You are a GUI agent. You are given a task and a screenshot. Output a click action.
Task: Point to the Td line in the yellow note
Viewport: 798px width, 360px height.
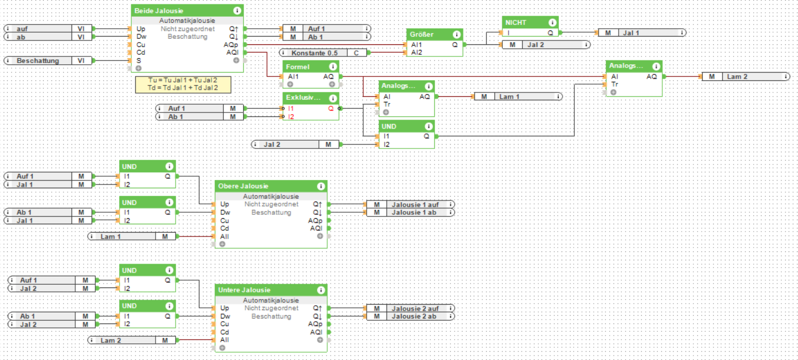[x=182, y=88]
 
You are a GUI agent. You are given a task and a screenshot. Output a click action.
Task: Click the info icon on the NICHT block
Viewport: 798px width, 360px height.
[x=552, y=23]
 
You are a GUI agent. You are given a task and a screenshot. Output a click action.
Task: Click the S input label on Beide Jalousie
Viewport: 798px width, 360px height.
[x=139, y=60]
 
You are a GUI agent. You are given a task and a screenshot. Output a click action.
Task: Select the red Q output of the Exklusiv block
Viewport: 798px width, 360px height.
[x=331, y=109]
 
